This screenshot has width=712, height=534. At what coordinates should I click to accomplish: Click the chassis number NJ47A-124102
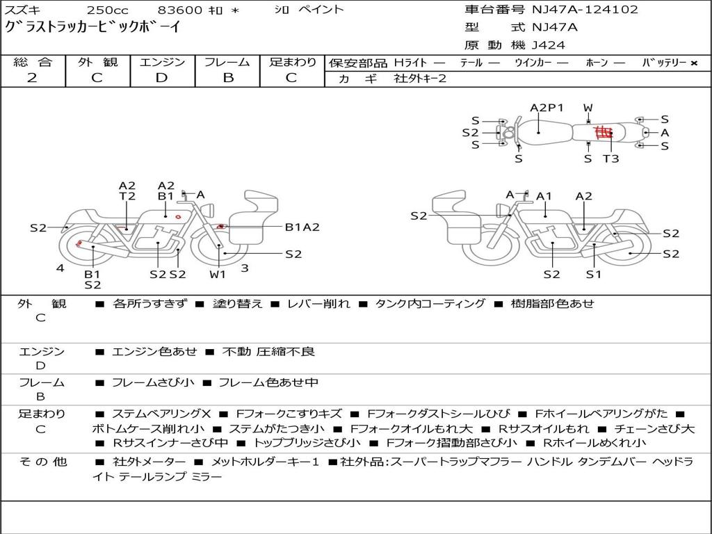[585, 9]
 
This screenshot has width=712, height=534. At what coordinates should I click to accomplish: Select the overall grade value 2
[32, 78]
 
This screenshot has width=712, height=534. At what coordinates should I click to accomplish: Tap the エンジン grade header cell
[162, 62]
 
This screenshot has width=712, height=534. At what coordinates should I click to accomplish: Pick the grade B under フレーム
[228, 78]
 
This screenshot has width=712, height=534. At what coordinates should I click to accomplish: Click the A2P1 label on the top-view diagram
[547, 108]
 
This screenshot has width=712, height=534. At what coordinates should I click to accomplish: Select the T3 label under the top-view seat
[610, 159]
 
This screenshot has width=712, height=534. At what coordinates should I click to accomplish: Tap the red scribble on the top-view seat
[604, 133]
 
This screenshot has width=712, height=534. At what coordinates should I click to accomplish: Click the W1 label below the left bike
[218, 274]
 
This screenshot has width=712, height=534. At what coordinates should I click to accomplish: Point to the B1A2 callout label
[302, 227]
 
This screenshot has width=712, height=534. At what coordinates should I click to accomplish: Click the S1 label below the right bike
[594, 274]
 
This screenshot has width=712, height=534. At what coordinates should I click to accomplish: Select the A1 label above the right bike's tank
[544, 196]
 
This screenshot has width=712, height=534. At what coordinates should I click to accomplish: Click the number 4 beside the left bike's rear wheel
[60, 268]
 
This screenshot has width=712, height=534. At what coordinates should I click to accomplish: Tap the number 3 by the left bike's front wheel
[245, 268]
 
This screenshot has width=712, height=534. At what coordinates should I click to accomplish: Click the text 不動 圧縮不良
[268, 351]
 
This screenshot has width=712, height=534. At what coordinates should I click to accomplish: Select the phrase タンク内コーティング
[430, 303]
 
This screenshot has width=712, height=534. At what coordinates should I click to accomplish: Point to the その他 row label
[42, 462]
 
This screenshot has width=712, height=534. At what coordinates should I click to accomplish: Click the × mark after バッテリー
[694, 63]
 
